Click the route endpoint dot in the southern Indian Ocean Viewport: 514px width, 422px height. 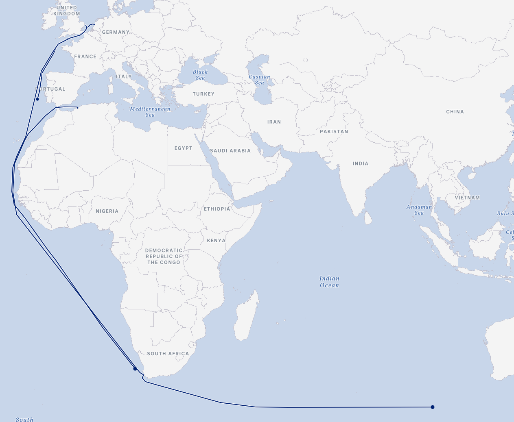pos(433,407)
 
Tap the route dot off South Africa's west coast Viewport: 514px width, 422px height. pos(135,369)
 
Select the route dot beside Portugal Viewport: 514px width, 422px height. pos(37,99)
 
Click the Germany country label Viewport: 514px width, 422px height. pos(116,32)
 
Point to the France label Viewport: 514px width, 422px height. pos(85,57)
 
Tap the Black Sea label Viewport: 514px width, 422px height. pos(200,75)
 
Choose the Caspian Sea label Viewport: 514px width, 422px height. pos(259,80)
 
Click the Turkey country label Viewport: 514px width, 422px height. pos(203,94)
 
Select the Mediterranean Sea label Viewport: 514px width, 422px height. pos(150,112)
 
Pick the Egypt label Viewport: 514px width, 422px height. pos(183,148)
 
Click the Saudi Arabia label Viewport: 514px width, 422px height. pos(230,151)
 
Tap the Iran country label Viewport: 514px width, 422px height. pos(274,122)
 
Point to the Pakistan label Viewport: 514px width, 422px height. pos(334,132)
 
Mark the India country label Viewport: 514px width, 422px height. pos(360,163)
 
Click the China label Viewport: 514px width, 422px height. pos(455,112)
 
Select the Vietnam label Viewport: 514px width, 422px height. pos(467,198)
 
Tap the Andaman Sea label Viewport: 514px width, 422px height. pos(419,210)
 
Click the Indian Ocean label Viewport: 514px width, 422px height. pos(329,282)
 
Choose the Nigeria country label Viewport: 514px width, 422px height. pos(107,211)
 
